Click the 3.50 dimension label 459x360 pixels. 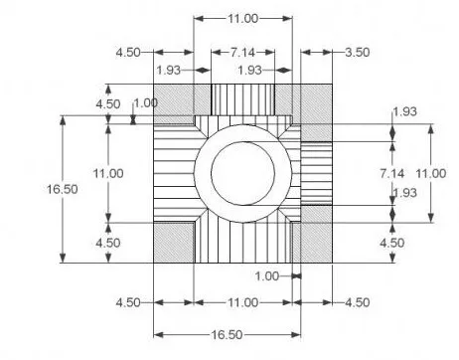tap(358, 53)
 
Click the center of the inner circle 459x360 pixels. tap(243, 173)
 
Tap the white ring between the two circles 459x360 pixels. tap(243, 132)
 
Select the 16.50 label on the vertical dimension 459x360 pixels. tap(63, 189)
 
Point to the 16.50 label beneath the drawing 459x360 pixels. tap(228, 334)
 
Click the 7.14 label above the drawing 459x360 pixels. tap(242, 53)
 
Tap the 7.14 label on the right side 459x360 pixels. tap(392, 173)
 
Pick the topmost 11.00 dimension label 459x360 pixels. tap(242, 19)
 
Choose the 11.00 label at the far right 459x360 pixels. tap(431, 173)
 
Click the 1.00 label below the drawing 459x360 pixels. tap(267, 275)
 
